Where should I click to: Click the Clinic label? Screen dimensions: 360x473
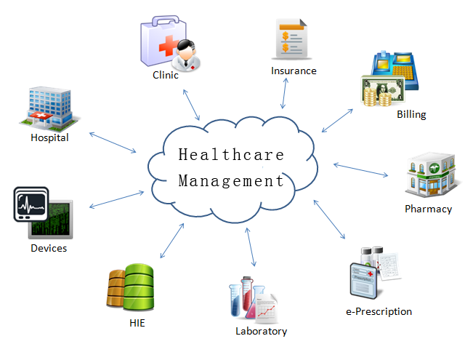(166, 75)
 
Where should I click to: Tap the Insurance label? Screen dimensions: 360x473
(294, 71)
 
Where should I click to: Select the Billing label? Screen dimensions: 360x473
(411, 114)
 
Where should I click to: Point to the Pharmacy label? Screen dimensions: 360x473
(428, 209)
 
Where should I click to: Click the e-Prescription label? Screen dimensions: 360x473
(379, 311)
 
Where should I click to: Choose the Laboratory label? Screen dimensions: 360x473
(262, 332)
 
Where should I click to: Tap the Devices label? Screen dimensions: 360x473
(49, 248)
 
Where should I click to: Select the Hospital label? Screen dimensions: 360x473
(49, 137)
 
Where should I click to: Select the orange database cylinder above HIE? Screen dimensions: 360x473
(116, 289)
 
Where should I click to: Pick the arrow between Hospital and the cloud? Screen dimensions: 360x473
(112, 142)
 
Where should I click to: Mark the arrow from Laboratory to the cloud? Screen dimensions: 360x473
(251, 248)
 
